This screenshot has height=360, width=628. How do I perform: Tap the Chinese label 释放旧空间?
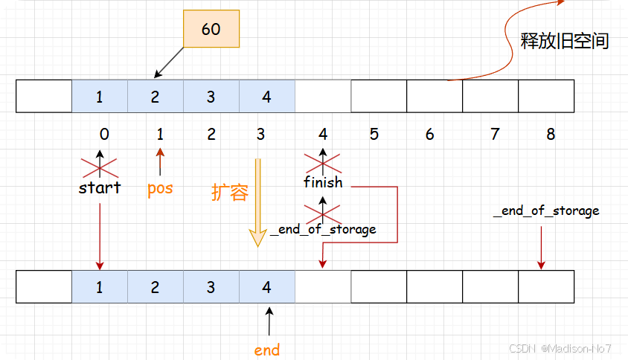[565, 41]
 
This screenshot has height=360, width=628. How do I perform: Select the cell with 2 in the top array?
[156, 97]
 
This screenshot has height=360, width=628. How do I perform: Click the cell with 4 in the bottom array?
[267, 287]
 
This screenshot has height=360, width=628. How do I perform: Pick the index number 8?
[551, 135]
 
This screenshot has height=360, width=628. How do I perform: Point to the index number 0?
[104, 135]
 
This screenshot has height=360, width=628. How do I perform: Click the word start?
[100, 187]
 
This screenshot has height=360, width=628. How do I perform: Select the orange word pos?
[160, 187]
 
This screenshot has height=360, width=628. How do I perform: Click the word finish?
[323, 182]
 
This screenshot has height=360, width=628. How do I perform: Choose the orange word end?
[267, 349]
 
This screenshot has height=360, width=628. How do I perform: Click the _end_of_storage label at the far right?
[546, 211]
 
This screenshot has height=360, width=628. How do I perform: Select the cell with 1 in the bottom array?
[100, 287]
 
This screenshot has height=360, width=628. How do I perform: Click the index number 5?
[374, 135]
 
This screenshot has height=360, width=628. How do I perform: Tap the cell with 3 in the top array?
[211, 97]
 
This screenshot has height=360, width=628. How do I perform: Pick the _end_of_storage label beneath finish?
[323, 229]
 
